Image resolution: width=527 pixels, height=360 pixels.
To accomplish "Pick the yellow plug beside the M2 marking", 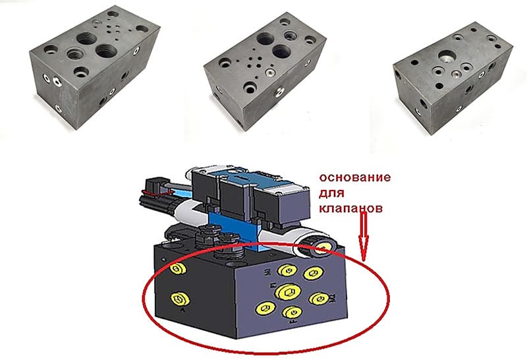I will pos(319,299).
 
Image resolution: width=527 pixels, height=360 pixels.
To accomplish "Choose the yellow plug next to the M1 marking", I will pos(286,270).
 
